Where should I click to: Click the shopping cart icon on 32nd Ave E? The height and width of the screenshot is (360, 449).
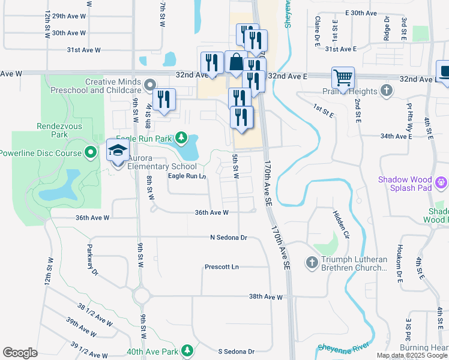pos(343,77)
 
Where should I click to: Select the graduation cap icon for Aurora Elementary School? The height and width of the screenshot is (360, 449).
pos(118,151)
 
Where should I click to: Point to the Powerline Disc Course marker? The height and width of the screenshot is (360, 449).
pos(91,153)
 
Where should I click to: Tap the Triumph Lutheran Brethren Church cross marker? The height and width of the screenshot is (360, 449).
pos(312,262)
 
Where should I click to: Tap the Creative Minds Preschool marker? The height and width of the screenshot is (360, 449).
pos(149,84)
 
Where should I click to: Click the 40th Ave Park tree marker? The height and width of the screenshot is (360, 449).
pos(187,350)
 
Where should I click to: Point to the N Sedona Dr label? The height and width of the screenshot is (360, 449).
pos(229,238)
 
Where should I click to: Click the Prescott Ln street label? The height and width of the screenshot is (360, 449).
pos(221,266)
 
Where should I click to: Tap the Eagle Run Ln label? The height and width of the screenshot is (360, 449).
pos(187,176)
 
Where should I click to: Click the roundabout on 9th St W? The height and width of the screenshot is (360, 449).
pos(142,296)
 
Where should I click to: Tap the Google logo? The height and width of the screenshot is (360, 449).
pos(20,353)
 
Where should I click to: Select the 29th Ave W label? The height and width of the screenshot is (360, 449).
pos(67,16)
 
